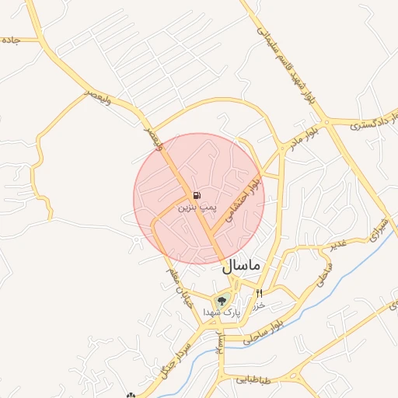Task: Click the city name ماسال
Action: [244, 266]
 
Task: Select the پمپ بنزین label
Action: [195, 208]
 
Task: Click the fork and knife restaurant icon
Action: [259, 294]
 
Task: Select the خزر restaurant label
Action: [260, 305]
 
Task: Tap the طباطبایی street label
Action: [253, 380]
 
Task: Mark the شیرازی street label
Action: [379, 225]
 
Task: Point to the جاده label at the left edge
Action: [9, 39]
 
